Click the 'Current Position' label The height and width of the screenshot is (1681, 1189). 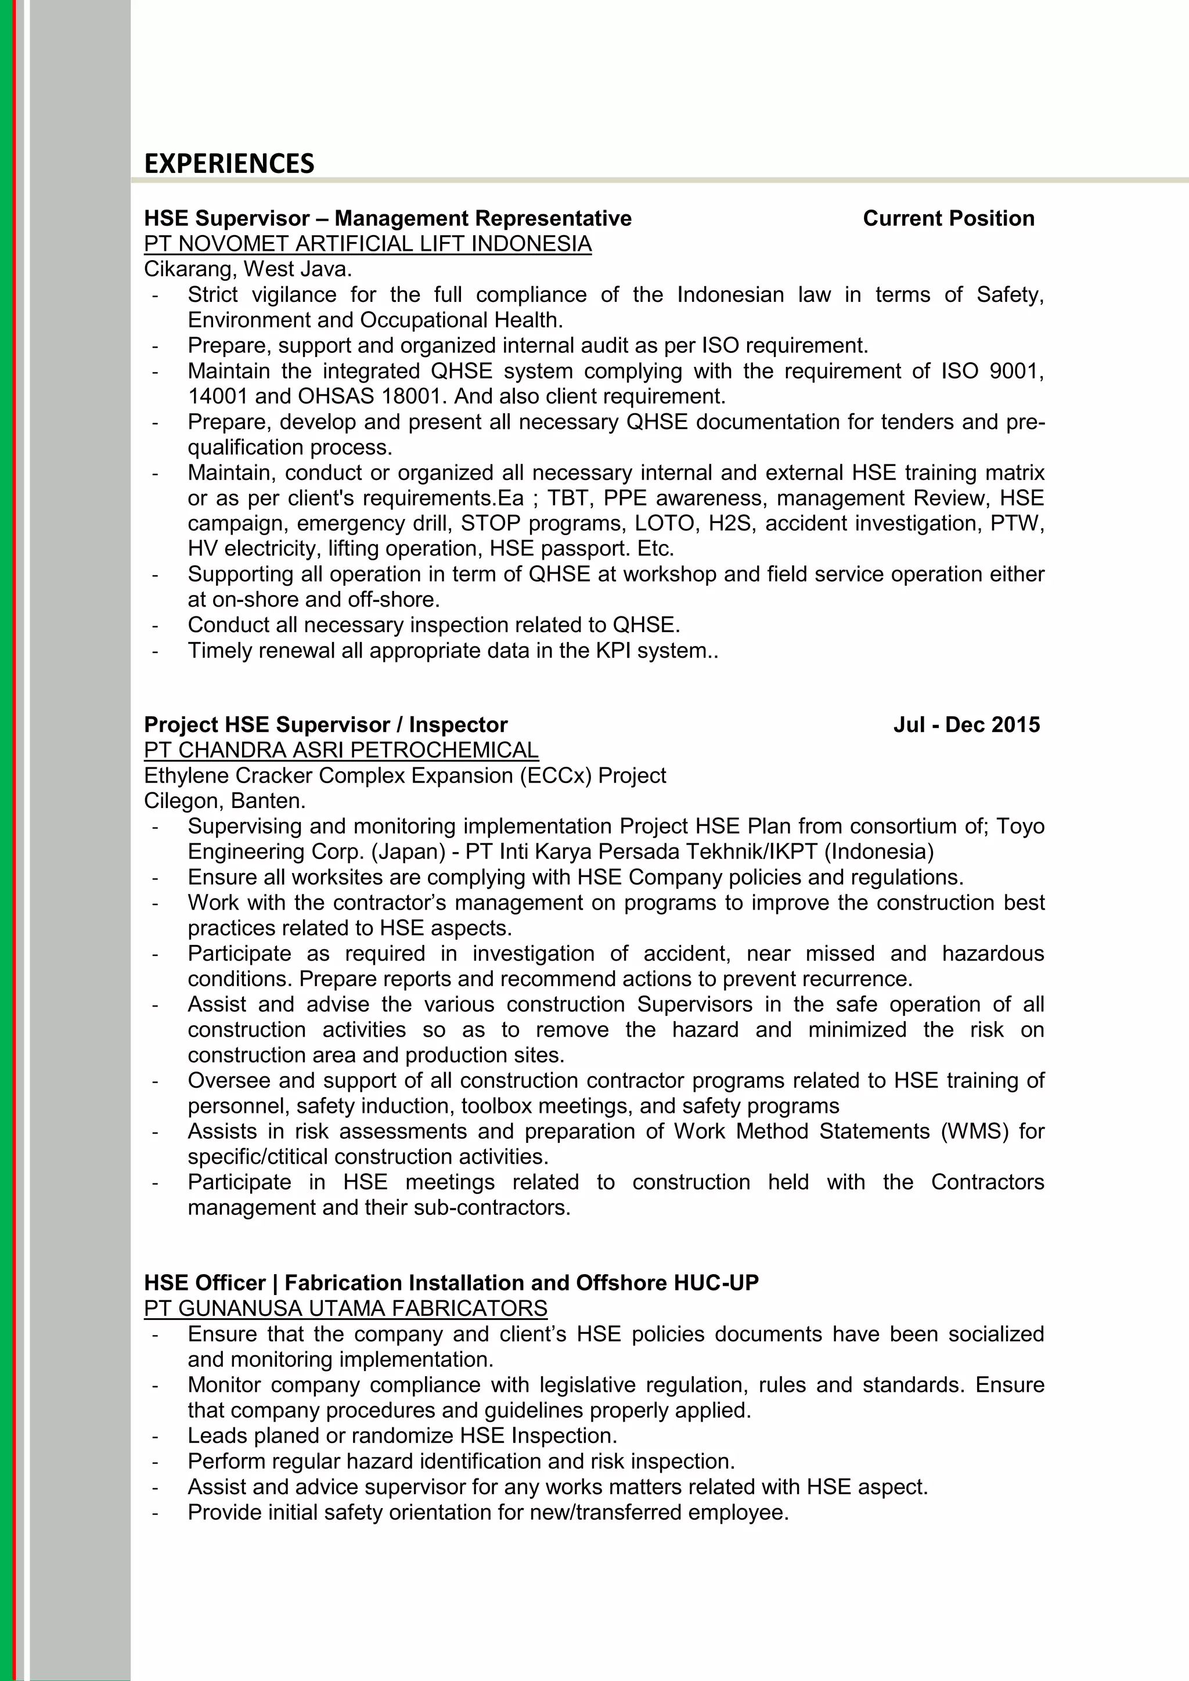click(948, 218)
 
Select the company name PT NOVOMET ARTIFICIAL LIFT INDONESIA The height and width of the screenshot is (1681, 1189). click(367, 244)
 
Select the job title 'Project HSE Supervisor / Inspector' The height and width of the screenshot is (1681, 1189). click(325, 725)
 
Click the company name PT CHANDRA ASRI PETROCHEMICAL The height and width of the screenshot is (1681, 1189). click(341, 750)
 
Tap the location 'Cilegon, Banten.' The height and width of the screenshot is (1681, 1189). click(225, 800)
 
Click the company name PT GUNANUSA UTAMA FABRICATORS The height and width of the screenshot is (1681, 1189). click(345, 1308)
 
